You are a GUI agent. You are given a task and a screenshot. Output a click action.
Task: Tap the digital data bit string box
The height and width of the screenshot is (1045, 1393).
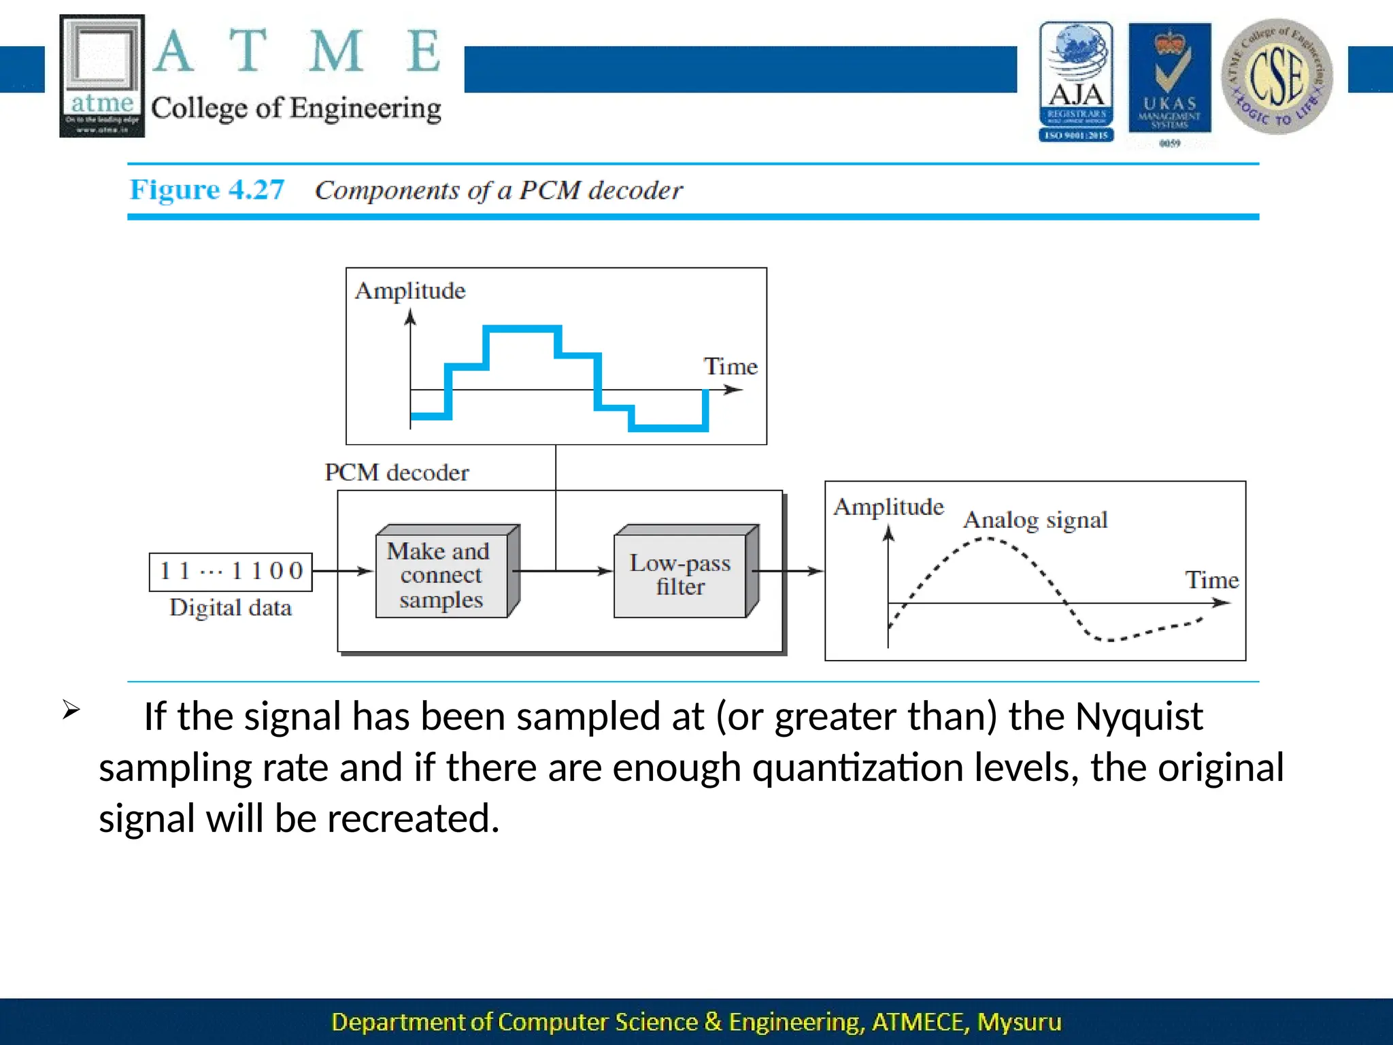[231, 571]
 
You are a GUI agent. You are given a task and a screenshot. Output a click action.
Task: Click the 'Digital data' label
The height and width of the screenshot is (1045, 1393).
[231, 608]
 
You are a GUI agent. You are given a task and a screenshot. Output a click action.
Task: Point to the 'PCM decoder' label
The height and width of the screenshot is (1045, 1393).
[397, 472]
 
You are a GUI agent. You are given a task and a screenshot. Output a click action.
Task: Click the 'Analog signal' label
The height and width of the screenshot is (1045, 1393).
[1035, 520]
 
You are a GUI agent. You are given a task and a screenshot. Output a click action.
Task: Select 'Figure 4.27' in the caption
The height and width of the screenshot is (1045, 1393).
[207, 190]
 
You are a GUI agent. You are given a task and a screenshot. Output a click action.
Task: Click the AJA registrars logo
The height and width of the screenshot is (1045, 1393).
[1076, 82]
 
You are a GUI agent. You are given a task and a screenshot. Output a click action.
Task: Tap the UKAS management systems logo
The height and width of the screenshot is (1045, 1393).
[1169, 82]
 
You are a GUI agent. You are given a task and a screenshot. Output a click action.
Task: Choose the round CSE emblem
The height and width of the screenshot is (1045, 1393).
[1277, 76]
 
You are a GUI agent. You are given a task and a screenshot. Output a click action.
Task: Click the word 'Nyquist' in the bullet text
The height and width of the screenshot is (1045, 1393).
[1139, 717]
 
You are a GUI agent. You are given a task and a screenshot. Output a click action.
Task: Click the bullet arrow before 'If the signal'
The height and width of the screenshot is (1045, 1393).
[71, 710]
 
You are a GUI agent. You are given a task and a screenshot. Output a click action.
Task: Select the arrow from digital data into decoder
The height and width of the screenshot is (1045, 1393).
[343, 571]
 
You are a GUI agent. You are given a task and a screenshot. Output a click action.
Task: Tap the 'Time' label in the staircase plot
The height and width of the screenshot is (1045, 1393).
[730, 367]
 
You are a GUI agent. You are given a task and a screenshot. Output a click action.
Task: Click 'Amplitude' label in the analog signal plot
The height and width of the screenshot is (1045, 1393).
[888, 507]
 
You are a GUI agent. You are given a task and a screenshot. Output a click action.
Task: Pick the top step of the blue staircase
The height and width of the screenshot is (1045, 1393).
[522, 329]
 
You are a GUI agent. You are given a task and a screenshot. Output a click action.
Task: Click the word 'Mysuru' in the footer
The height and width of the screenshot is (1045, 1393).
[1019, 1022]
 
